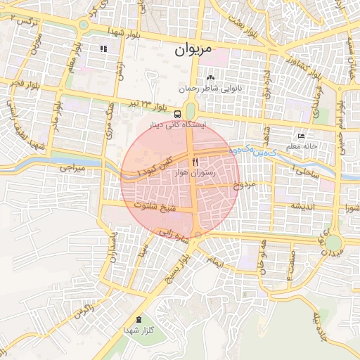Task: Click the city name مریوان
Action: click(191, 50)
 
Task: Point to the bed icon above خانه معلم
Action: click(302, 136)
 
